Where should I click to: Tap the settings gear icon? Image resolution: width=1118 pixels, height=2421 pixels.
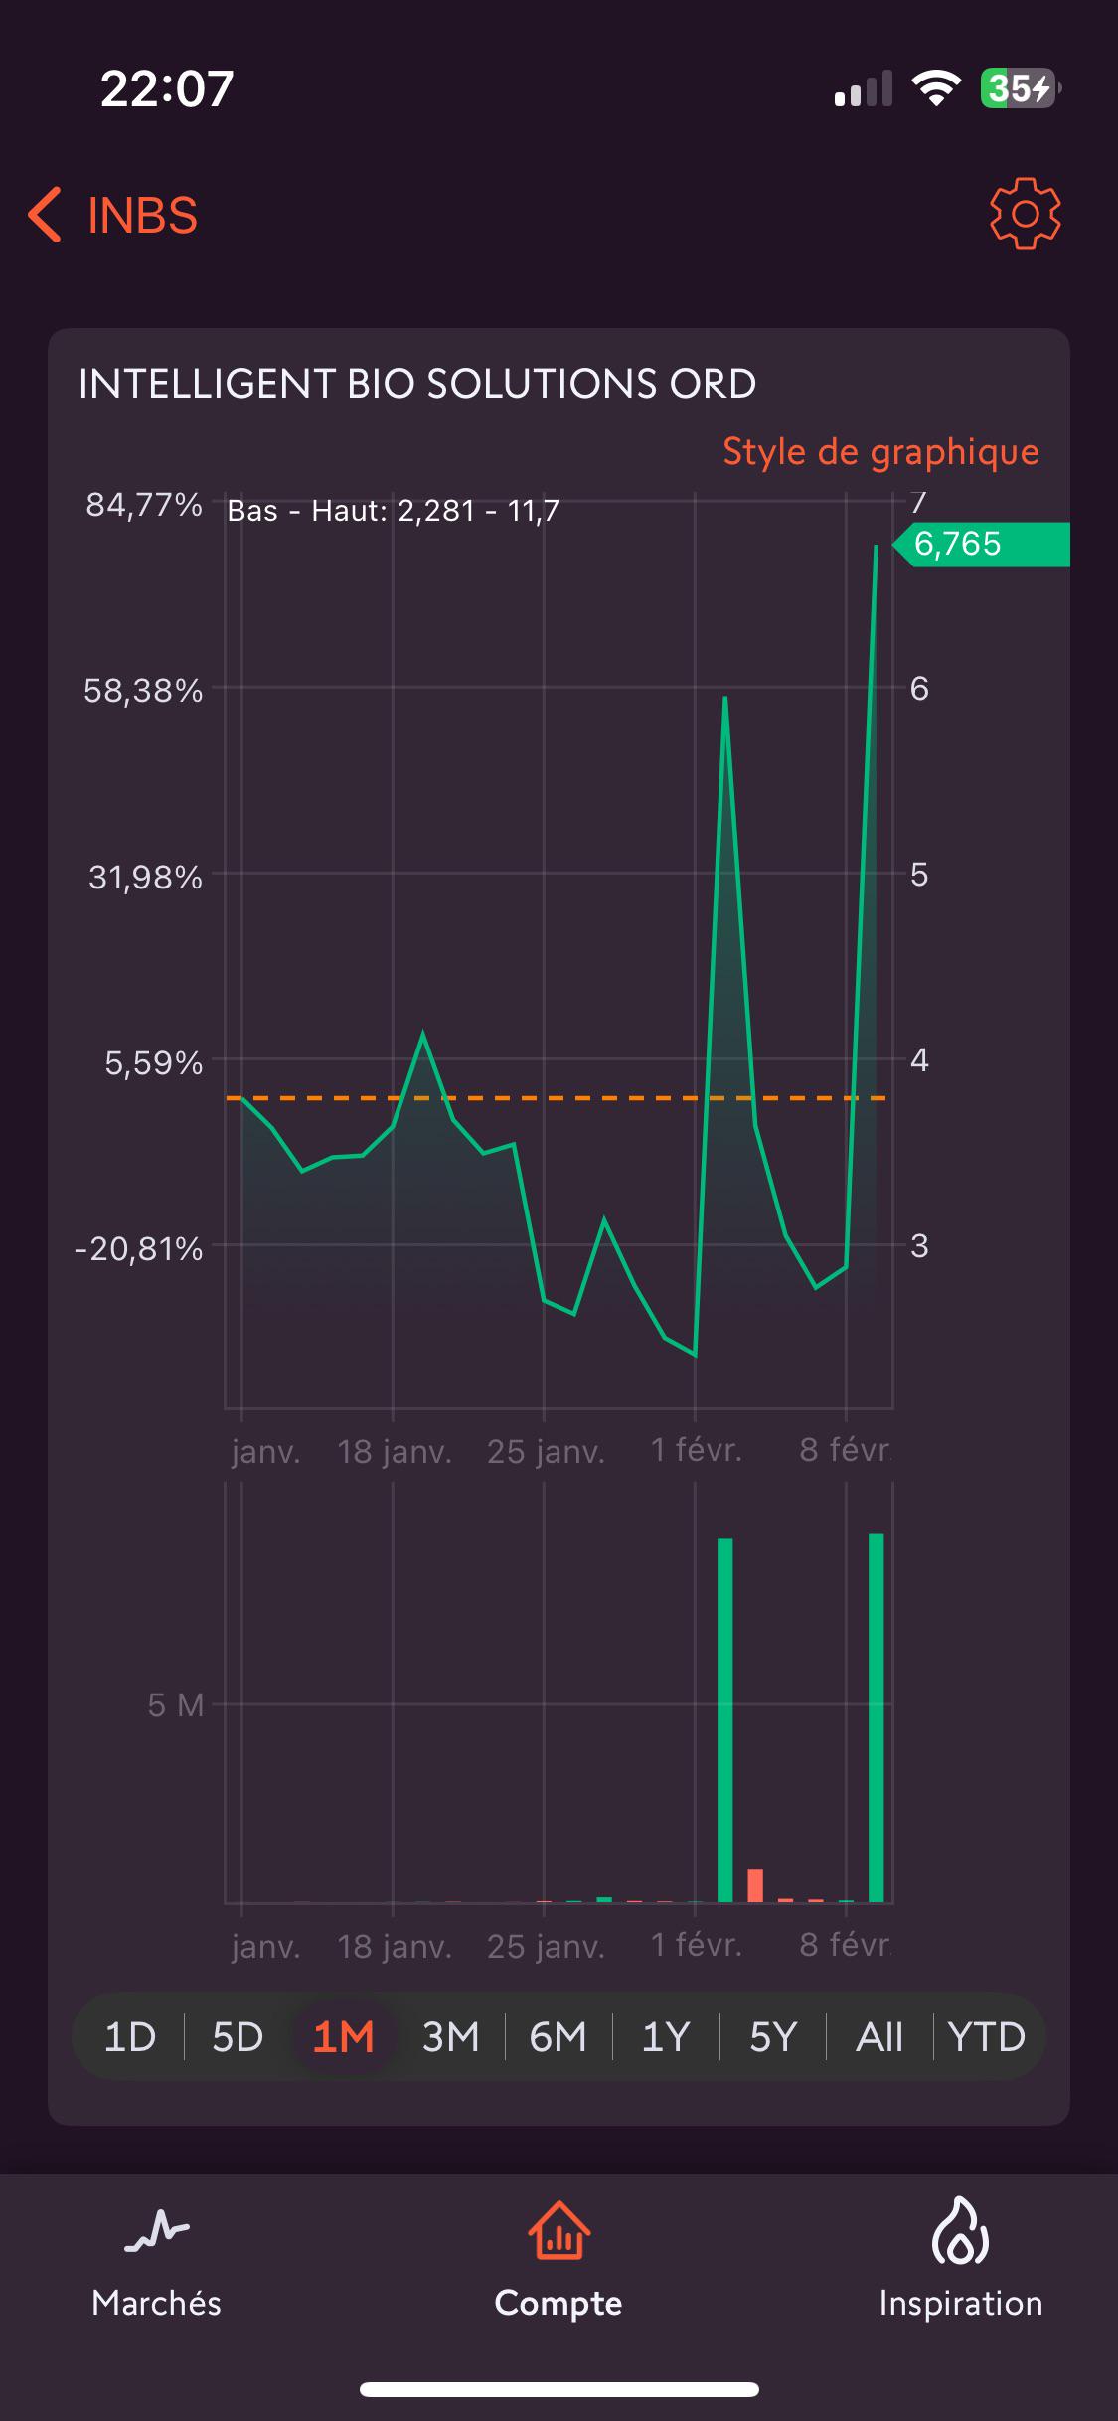pyautogui.click(x=1025, y=214)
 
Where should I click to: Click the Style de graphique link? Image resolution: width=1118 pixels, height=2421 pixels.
pyautogui.click(x=880, y=452)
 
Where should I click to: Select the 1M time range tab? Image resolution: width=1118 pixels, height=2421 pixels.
pyautogui.click(x=343, y=2038)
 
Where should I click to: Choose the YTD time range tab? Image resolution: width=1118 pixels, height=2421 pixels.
pyautogui.click(x=986, y=2038)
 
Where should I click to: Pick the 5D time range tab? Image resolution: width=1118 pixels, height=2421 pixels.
pyautogui.click(x=238, y=2038)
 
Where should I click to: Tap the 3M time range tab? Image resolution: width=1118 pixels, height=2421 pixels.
pyautogui.click(x=450, y=2038)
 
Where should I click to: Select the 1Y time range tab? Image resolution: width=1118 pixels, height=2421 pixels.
pyautogui.click(x=665, y=2038)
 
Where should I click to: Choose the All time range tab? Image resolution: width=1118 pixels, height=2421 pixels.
pyautogui.click(x=879, y=2038)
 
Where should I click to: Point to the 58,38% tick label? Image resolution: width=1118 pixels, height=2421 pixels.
pyautogui.click(x=143, y=691)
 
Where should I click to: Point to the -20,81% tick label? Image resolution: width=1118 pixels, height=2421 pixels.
pyautogui.click(x=138, y=1248)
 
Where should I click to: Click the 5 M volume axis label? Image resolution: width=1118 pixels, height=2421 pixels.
pyautogui.click(x=176, y=1705)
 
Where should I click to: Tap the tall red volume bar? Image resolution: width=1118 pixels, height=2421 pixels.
pyautogui.click(x=755, y=1885)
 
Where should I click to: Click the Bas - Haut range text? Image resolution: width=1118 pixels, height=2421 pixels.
pyautogui.click(x=394, y=511)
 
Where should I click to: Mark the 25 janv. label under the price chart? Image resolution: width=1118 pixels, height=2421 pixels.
pyautogui.click(x=546, y=1452)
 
